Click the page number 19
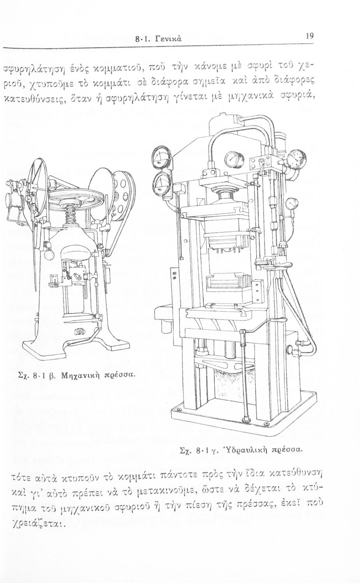pos(309,36)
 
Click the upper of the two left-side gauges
pos(159,157)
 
